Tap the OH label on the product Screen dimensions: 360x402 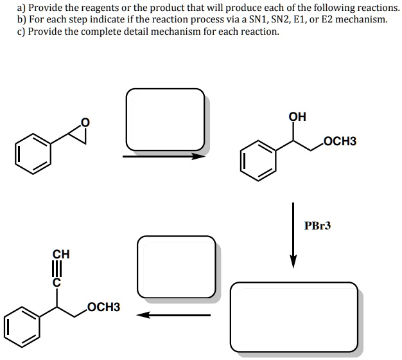(297, 117)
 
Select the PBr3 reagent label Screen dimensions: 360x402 (317, 226)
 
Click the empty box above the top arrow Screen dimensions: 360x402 (165, 120)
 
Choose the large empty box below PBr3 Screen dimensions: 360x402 (294, 318)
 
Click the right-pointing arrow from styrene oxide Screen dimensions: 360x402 (164, 155)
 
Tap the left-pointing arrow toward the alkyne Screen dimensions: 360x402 (174, 315)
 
